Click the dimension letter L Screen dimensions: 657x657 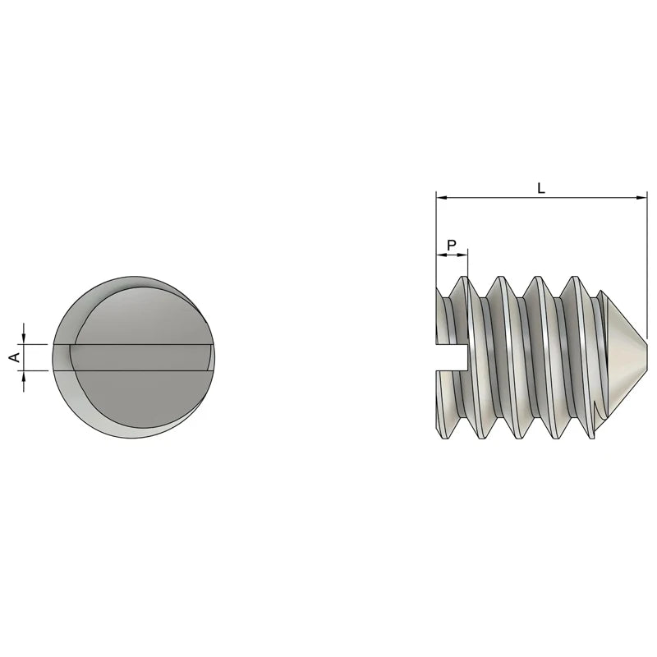click(540, 188)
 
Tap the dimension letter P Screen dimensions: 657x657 click(452, 245)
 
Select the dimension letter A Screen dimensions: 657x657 click(13, 356)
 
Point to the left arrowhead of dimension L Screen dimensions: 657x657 click(440, 198)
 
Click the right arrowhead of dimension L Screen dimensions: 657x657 click(642, 198)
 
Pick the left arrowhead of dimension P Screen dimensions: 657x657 click(439, 255)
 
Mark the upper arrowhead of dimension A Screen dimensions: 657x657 click(24, 338)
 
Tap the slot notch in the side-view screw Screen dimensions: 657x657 click(451, 358)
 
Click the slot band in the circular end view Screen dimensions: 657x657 click(131, 356)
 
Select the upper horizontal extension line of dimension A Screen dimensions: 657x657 click(37, 343)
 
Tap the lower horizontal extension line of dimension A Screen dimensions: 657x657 click(37, 370)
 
